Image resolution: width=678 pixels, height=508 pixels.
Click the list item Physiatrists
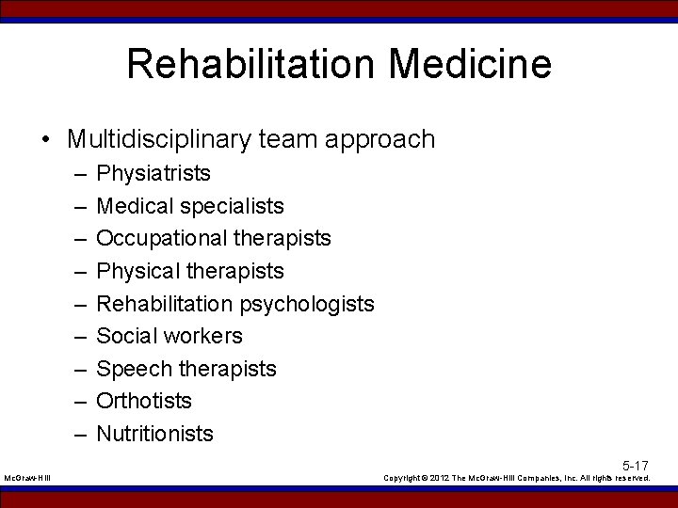pos(153,173)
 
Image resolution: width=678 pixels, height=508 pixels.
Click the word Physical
pos(138,271)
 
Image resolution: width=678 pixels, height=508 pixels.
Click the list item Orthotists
pos(144,401)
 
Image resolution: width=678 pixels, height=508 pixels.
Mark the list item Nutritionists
pos(155,434)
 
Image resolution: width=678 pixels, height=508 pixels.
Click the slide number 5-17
pos(635,466)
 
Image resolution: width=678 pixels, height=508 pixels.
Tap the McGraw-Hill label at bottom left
pos(27,479)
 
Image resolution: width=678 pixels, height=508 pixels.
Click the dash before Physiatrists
pos(76,174)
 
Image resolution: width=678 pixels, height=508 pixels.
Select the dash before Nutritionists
pos(76,434)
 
